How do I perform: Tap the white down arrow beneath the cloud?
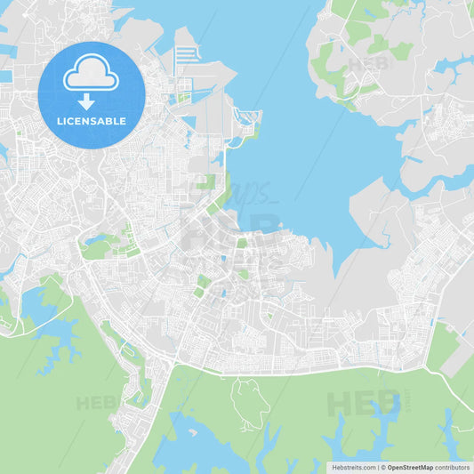86,101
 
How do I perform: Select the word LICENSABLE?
91,120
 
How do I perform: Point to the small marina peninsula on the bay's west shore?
246,120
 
